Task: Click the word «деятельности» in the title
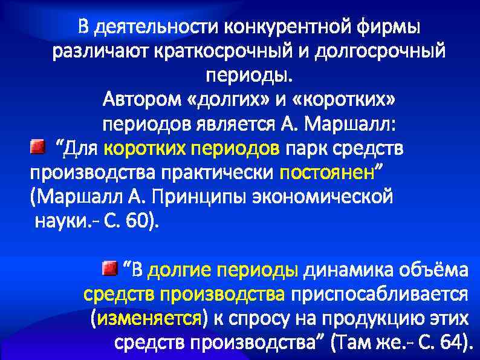click(x=157, y=27)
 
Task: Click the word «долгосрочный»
click(x=387, y=52)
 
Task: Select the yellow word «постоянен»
click(x=327, y=172)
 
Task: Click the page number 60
click(x=138, y=221)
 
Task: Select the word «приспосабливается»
click(x=380, y=294)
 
